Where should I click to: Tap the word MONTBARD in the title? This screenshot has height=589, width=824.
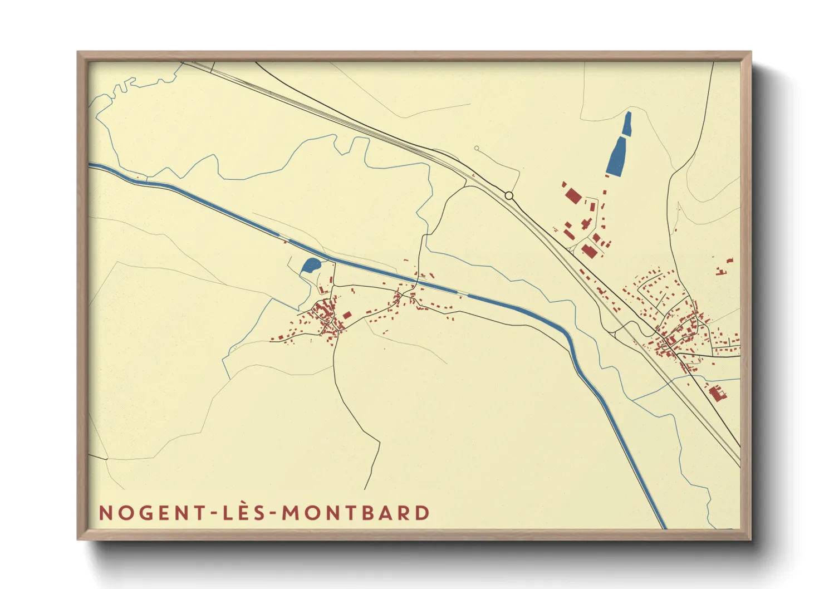(356, 513)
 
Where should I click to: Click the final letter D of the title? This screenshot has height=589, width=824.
(423, 513)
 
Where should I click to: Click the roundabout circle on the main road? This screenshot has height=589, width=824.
(509, 195)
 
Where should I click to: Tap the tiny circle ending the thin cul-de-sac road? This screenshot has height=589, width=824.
(477, 148)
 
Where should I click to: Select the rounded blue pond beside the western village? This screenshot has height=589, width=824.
(310, 266)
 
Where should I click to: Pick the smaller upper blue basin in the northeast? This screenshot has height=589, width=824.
(627, 124)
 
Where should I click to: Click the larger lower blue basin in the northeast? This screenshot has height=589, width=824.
(616, 157)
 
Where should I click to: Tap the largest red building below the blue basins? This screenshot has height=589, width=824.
(572, 195)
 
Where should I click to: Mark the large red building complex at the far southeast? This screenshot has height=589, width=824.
(718, 393)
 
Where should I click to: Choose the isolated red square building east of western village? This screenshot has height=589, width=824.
(347, 315)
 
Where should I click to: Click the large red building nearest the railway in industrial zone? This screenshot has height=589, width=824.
(588, 251)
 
